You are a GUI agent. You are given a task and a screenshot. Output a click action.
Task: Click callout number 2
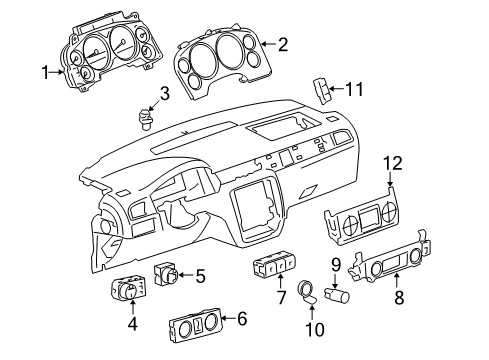coord(283,43)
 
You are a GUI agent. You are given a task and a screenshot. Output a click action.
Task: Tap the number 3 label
coord(166,95)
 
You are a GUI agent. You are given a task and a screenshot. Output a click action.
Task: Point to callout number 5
coord(200,275)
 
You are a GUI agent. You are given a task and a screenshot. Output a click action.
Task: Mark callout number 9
coord(336,264)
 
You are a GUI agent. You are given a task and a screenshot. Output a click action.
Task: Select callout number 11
coord(354,90)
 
